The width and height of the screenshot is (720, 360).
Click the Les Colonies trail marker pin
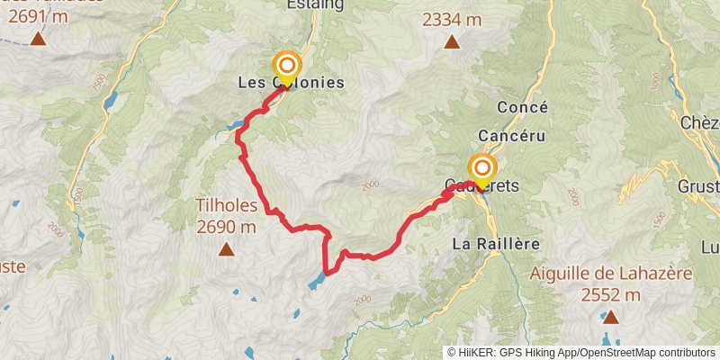(x=287, y=67)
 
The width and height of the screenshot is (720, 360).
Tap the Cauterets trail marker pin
(x=482, y=169)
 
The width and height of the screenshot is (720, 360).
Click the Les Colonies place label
(x=291, y=83)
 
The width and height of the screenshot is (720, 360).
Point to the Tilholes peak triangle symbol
(x=225, y=248)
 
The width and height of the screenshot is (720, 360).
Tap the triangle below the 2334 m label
(x=451, y=42)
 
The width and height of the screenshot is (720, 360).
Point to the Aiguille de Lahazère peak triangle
(x=610, y=316)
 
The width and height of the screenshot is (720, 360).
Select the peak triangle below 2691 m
(x=38, y=40)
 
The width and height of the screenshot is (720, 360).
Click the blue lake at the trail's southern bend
(x=317, y=282)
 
